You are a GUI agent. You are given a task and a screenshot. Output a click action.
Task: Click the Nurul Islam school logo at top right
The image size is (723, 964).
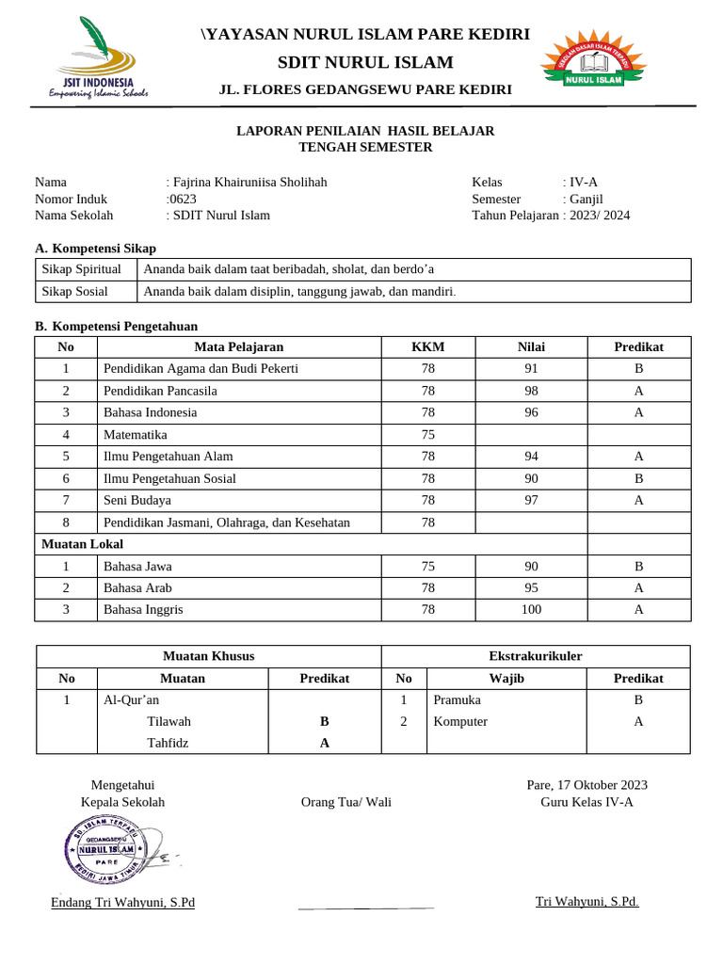(x=593, y=65)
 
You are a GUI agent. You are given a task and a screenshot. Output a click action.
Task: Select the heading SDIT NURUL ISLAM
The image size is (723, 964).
(x=364, y=62)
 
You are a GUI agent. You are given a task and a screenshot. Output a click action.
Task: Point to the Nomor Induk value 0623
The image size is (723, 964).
(x=176, y=199)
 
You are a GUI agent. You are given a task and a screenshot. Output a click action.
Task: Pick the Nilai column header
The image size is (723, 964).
(x=531, y=346)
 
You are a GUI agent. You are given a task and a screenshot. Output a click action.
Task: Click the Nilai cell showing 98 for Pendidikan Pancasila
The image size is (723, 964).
(x=531, y=391)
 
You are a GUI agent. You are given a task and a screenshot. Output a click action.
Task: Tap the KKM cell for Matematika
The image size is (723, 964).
(x=428, y=435)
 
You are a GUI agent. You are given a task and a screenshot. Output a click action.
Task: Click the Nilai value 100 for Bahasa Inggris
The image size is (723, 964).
(x=531, y=610)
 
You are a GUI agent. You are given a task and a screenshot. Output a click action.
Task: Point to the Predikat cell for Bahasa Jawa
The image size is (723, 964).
(x=638, y=567)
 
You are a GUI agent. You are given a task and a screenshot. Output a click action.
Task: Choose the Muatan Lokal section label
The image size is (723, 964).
(x=83, y=544)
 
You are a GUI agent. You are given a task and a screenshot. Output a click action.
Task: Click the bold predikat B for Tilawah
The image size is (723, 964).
(x=324, y=721)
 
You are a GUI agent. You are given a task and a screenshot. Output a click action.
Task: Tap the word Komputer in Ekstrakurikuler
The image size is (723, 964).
(x=460, y=721)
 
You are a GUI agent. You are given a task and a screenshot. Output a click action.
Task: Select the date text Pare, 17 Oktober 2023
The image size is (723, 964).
(x=586, y=785)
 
